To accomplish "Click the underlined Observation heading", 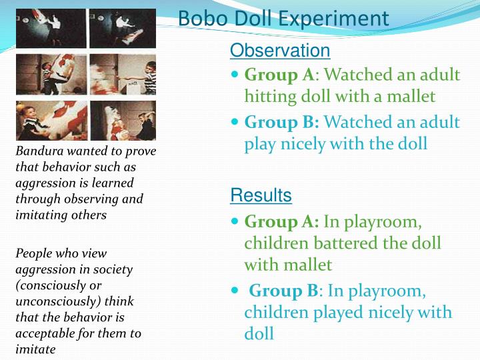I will coord(280,51).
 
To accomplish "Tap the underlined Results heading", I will coord(261,195).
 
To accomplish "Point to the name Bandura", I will coord(37,151).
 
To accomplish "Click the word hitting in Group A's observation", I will coord(270,97).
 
